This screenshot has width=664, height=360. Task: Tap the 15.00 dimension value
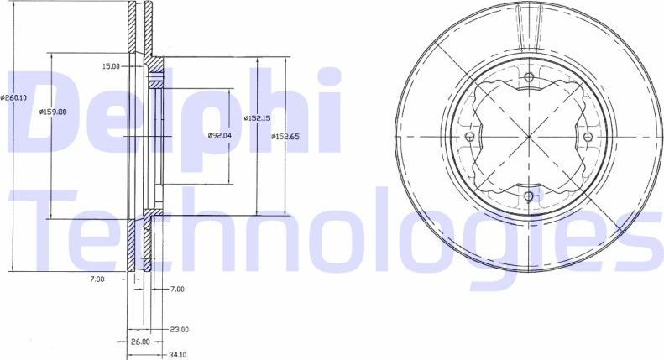(110, 65)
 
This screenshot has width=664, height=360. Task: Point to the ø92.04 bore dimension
(220, 135)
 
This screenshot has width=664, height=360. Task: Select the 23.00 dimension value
(179, 330)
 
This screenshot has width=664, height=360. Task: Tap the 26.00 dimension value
(139, 342)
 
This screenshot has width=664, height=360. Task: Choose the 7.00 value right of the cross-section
(176, 289)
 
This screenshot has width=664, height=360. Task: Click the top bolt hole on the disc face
(528, 79)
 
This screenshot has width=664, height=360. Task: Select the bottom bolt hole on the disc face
(528, 196)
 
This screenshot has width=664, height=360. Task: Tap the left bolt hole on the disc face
(469, 138)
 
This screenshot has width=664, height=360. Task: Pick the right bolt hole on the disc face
(587, 138)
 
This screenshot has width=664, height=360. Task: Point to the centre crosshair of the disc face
(528, 138)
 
